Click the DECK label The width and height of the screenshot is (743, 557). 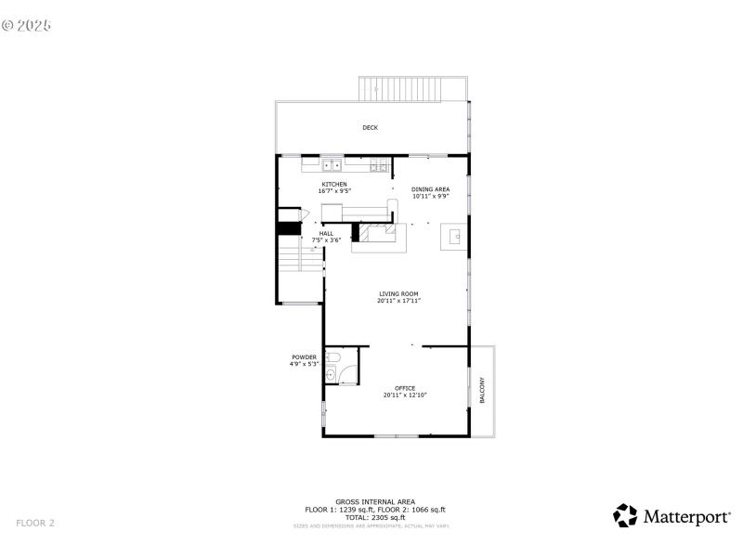[x=370, y=127]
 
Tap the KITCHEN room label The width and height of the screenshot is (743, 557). [x=334, y=184]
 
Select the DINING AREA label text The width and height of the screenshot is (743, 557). [x=430, y=189]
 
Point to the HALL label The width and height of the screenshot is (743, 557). [x=326, y=234]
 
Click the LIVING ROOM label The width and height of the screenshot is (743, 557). [x=398, y=294]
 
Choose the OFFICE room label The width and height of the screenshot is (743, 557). [x=404, y=388]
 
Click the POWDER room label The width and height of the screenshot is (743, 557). [x=304, y=357]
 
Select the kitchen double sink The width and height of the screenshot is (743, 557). [x=332, y=165]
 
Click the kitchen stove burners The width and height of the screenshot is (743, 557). [x=378, y=167]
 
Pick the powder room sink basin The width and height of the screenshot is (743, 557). [x=331, y=375]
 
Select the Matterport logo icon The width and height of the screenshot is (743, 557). [x=625, y=516]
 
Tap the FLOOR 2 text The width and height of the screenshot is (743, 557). [x=35, y=523]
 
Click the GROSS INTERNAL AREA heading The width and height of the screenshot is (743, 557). [x=375, y=501]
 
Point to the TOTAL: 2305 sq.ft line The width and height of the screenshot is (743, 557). [x=375, y=517]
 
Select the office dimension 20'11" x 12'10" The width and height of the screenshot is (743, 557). [x=404, y=395]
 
